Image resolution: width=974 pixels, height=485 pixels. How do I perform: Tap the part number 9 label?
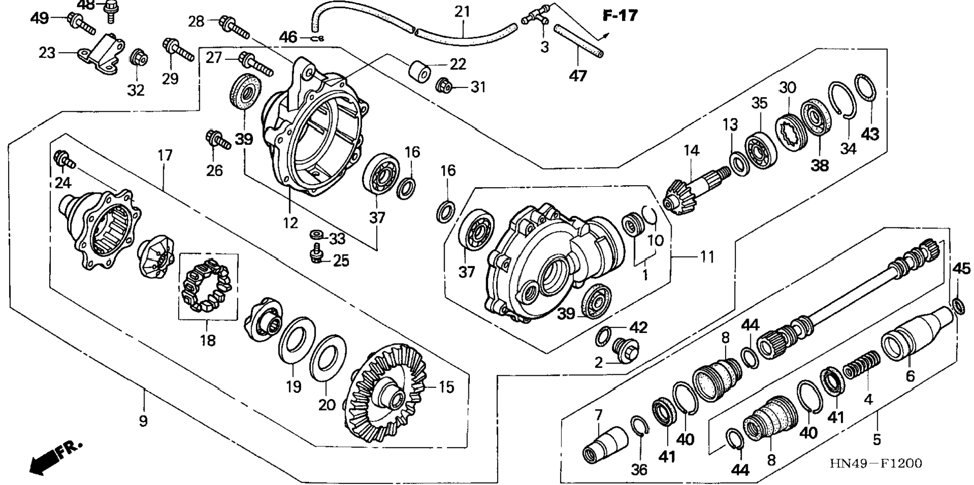(144, 421)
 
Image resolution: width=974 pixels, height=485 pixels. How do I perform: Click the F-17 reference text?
(620, 16)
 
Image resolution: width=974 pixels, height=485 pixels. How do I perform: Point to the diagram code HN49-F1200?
(876, 463)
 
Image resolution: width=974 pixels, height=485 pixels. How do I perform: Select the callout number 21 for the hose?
(462, 12)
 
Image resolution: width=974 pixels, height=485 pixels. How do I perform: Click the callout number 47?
(578, 76)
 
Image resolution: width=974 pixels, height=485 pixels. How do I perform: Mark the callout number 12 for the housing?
(290, 223)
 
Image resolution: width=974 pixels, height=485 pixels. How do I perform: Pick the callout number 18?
(207, 341)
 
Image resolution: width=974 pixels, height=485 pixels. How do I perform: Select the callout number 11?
(707, 257)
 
